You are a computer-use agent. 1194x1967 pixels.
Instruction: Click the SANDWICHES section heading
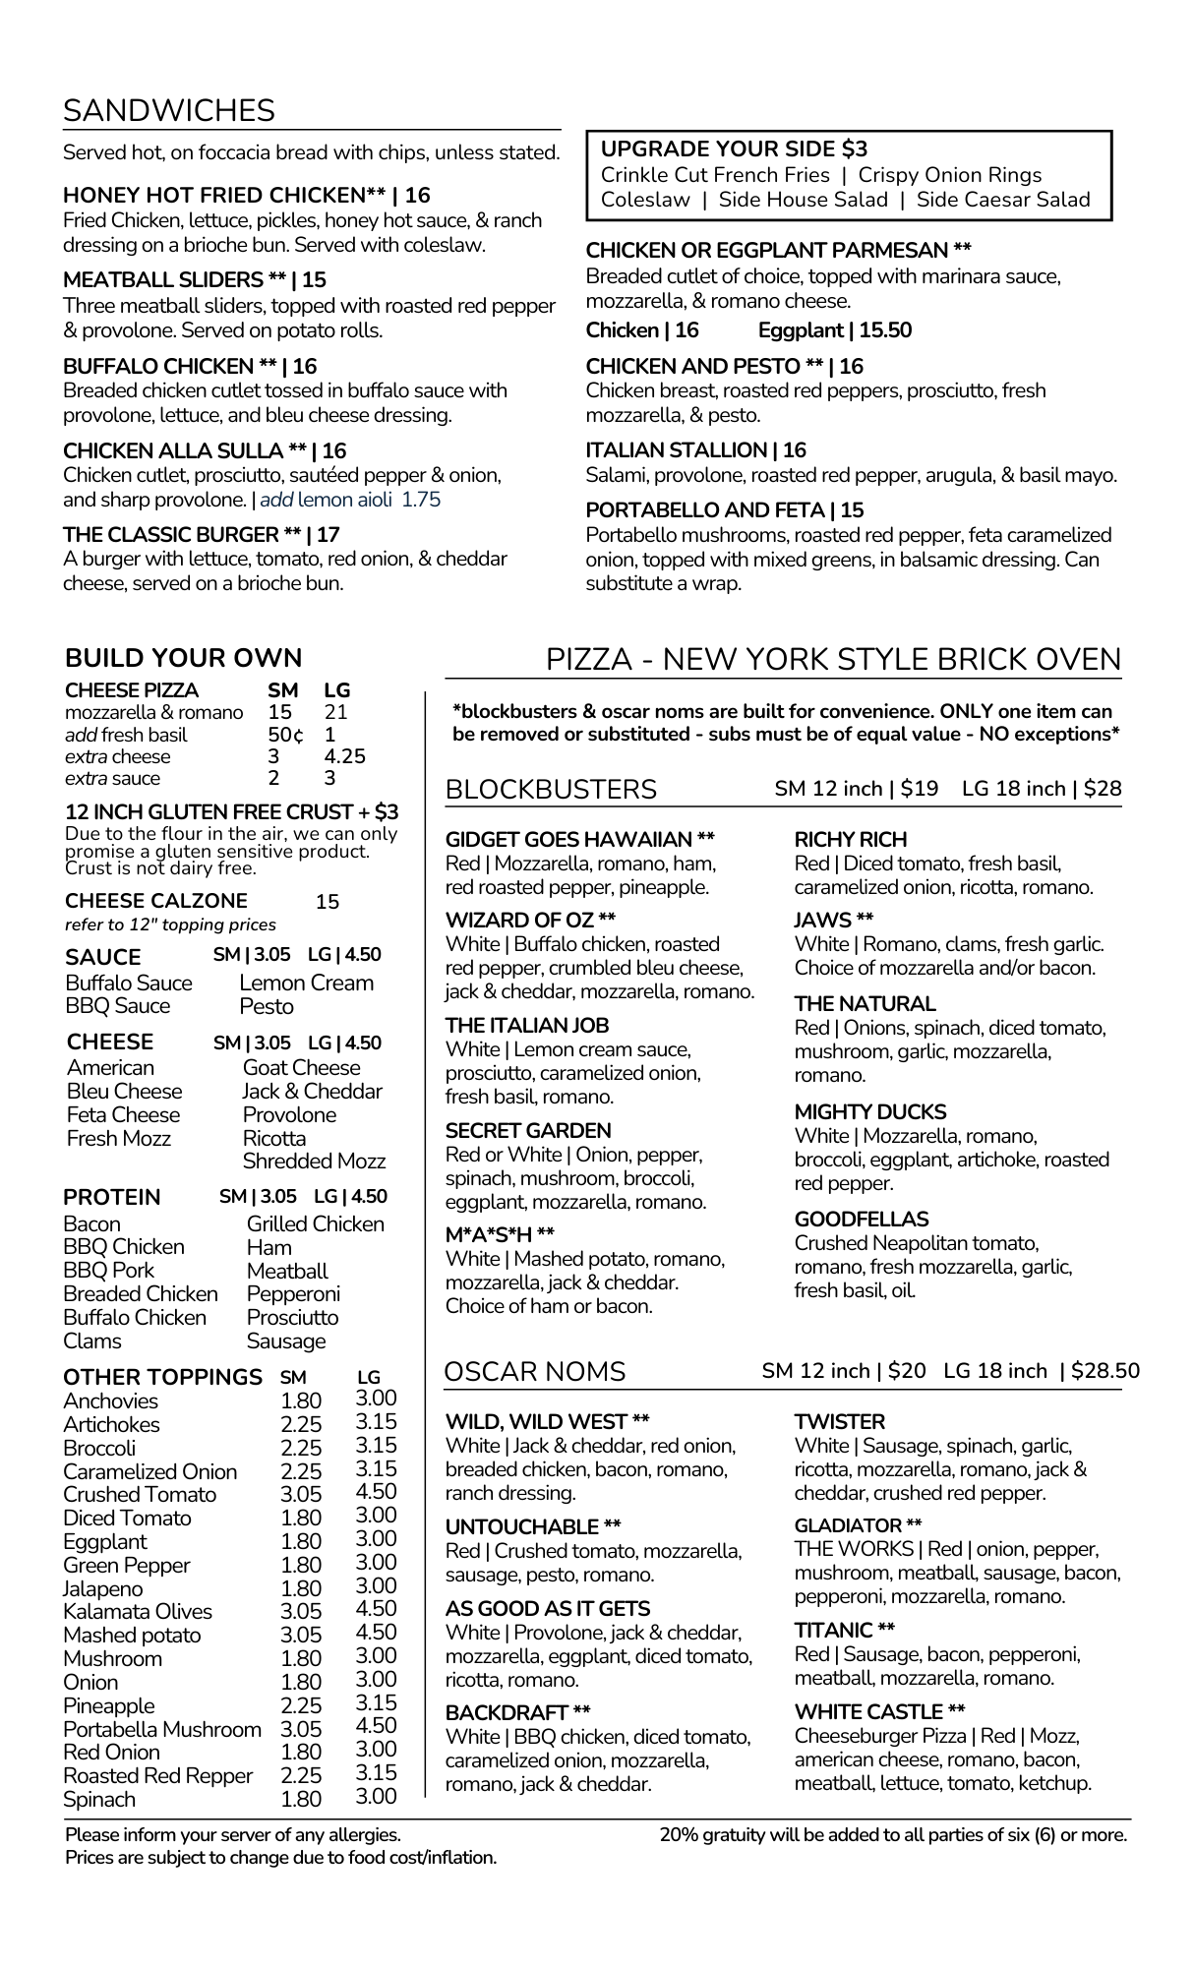tap(168, 110)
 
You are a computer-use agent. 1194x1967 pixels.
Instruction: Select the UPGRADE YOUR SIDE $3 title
tap(734, 149)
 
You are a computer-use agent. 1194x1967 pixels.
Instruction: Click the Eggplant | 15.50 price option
tap(834, 330)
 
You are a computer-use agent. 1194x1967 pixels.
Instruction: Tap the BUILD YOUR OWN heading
tap(183, 658)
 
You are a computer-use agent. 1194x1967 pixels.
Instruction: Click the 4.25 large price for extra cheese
tap(344, 756)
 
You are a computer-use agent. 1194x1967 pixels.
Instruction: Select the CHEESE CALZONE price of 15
tap(327, 901)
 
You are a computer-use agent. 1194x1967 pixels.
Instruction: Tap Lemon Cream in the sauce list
tap(306, 983)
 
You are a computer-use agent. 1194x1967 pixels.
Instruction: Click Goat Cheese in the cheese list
tap(301, 1067)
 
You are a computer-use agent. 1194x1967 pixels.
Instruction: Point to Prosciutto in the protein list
tap(292, 1318)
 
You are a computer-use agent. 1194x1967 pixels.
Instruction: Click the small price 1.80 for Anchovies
tap(300, 1401)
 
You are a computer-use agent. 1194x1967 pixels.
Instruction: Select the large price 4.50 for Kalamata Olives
tap(376, 1609)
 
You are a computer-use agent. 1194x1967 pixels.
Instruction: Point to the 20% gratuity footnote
tap(893, 1835)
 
